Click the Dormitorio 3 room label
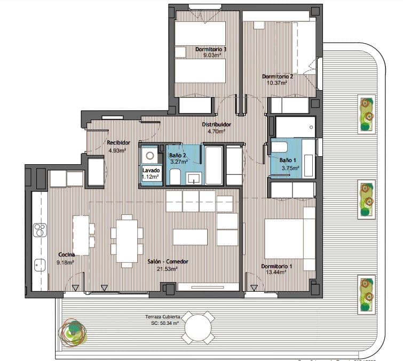[211, 49]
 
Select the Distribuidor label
[213, 124]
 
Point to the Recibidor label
[118, 142]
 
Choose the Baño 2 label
[177, 155]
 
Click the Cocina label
[67, 254]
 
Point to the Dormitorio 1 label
[276, 266]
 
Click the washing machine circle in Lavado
[150, 156]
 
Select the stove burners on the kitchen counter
[39, 230]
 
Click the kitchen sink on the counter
[39, 263]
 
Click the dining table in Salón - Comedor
[127, 240]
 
